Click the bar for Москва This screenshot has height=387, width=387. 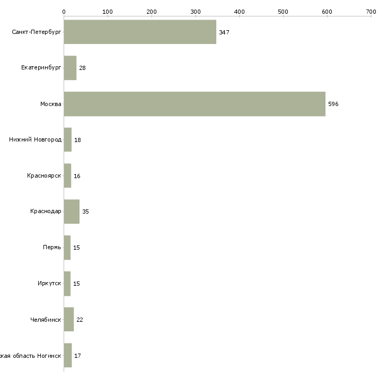195,104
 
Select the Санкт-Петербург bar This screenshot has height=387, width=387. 140,32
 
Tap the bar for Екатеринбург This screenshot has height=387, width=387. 70,68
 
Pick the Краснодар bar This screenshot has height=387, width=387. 72,212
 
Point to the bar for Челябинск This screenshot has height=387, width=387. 69,320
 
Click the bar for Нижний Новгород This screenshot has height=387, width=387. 68,140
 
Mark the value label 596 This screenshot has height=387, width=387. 333,104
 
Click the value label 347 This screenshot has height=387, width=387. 224,32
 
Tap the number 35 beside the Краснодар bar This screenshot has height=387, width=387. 85,212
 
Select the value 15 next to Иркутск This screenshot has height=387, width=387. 76,284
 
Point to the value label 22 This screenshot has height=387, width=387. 80,320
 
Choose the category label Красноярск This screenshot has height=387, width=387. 44,175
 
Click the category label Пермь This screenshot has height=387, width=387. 52,248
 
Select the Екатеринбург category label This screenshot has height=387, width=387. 41,68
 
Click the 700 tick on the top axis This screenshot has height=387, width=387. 371,11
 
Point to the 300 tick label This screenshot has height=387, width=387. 195,11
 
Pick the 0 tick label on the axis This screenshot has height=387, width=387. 64,11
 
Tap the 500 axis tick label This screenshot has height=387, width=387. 283,11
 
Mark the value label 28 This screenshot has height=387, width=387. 82,68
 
